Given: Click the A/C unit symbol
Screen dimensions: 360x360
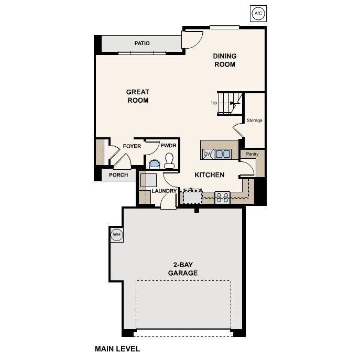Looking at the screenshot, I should point(257,14).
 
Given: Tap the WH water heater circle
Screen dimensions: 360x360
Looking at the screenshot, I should point(116,235).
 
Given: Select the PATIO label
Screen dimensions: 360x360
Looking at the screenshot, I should point(142,43).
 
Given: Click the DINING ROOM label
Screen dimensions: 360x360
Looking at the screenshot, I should point(224,60).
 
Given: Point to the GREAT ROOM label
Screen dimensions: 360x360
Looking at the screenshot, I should point(138,96).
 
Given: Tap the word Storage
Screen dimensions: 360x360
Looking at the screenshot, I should point(254,121).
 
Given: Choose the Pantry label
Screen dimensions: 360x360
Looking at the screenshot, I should point(252,155).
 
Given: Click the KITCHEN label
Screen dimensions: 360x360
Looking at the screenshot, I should point(210,175).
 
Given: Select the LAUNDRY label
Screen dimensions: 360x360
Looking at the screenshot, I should point(163,191).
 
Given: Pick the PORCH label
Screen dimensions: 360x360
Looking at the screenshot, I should point(118,175).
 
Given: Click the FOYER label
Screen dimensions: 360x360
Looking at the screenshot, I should point(132,146).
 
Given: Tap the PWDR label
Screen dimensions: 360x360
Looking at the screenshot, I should point(169,146).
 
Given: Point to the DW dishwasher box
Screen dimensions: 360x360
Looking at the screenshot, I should point(208,154).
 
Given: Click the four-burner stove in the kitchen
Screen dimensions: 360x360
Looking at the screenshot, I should point(223,198).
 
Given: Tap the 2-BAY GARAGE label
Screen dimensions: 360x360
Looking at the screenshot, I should point(182,269).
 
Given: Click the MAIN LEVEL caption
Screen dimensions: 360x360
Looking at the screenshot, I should point(117,348).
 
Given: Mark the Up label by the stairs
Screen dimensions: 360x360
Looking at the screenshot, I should point(214,103).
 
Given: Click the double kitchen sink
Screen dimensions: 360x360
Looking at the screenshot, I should point(223,154).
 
